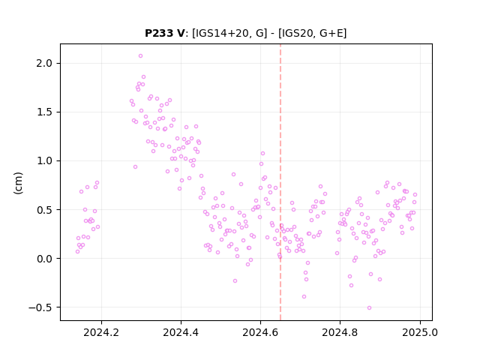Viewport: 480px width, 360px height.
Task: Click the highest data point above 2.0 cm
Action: (x=140, y=56)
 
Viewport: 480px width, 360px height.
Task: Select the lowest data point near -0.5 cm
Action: (x=369, y=307)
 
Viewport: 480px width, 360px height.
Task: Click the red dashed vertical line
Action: (x=280, y=182)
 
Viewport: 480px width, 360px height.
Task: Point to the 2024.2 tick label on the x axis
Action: (x=101, y=332)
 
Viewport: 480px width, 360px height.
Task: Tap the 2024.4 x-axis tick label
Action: (x=181, y=332)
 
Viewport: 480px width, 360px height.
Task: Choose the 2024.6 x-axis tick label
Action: (x=260, y=332)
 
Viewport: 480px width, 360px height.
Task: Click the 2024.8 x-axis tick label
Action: (x=340, y=332)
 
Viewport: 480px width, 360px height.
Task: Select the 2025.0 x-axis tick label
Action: (x=420, y=332)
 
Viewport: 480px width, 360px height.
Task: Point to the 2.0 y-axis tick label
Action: (x=44, y=63)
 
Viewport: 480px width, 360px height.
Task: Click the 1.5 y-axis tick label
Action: (x=44, y=112)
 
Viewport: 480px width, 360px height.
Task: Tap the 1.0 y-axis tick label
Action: (x=44, y=161)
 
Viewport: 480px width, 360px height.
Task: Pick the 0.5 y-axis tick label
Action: (x=44, y=210)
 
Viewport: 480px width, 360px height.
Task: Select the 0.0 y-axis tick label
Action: (x=44, y=259)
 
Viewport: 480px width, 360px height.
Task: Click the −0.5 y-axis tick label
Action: (x=40, y=307)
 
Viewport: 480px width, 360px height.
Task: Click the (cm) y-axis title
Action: (x=18, y=183)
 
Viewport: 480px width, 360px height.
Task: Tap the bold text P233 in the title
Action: (x=160, y=33)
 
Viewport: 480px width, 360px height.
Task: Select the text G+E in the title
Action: (x=331, y=33)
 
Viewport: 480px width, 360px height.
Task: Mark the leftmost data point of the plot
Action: (x=77, y=252)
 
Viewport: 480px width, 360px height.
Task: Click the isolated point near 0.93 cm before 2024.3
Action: (x=135, y=166)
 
